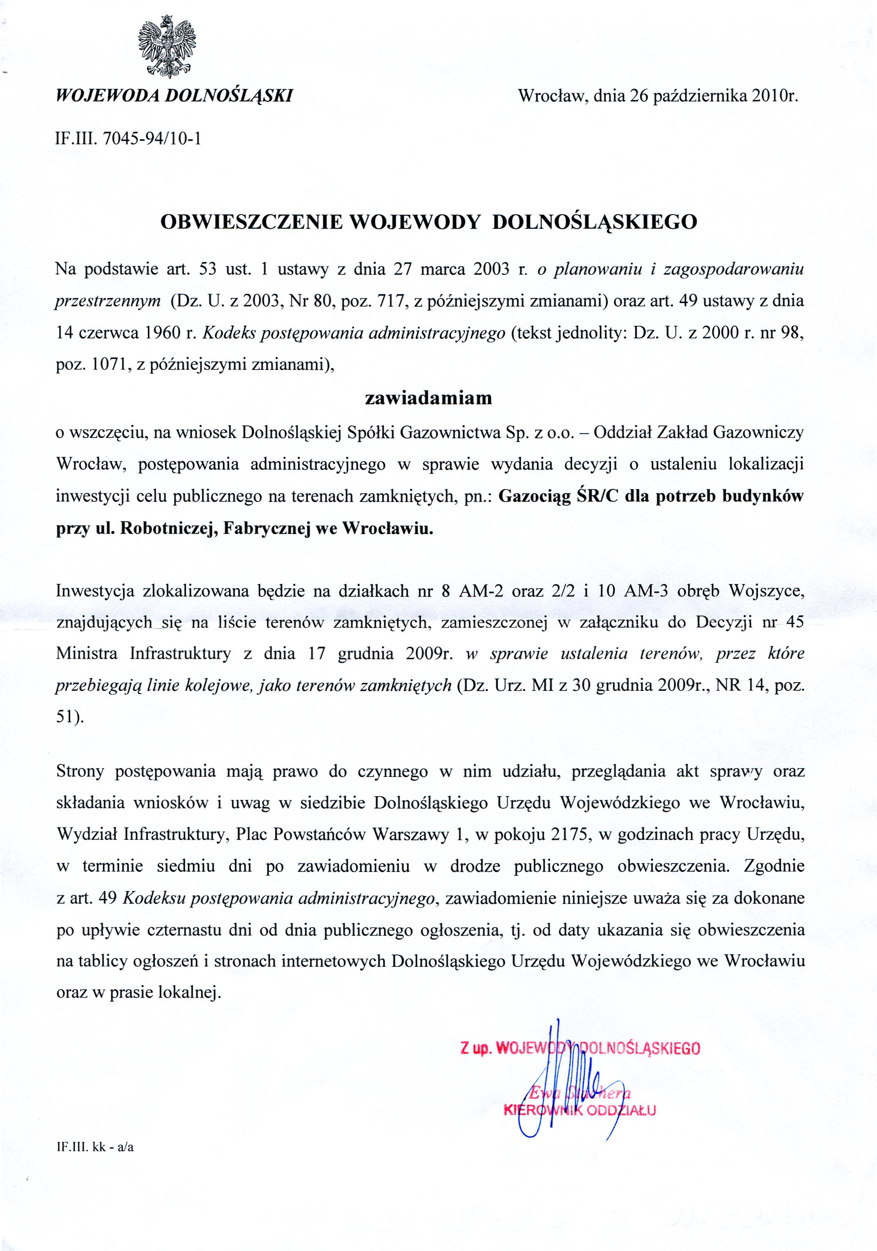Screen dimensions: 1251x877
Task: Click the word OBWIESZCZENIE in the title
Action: [251, 222]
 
